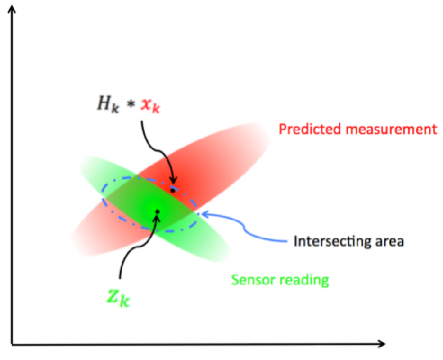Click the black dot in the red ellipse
172,191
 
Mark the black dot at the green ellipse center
157,211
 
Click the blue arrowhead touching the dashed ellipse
202,215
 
